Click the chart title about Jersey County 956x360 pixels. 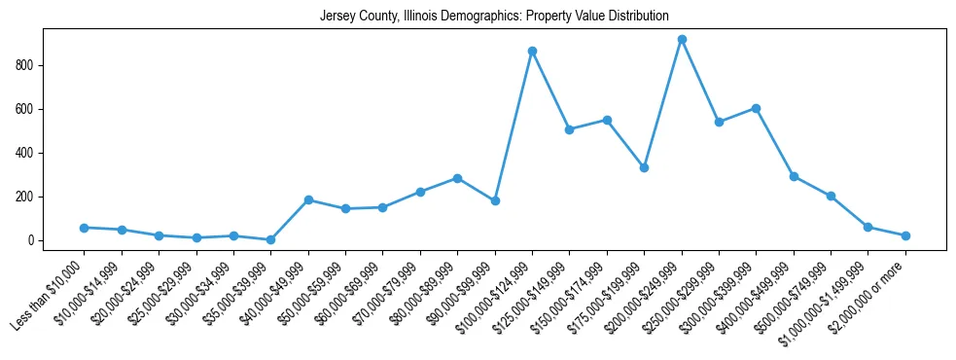(x=494, y=17)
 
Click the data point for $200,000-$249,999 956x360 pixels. (x=682, y=40)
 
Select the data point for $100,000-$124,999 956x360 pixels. (x=532, y=51)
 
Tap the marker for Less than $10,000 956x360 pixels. (x=84, y=228)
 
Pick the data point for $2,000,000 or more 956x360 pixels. (x=905, y=235)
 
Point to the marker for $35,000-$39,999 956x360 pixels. (x=270, y=239)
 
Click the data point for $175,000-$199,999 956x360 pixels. (x=644, y=167)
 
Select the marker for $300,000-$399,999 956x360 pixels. (x=756, y=108)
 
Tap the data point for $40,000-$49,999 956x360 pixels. (x=308, y=199)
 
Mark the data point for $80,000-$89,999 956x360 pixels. (x=457, y=178)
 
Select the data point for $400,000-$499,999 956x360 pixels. (x=794, y=176)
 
